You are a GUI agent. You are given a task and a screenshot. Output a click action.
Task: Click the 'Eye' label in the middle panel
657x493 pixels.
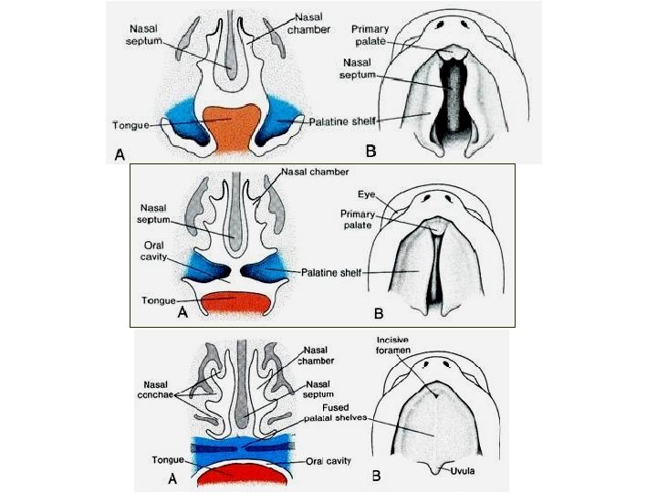365,194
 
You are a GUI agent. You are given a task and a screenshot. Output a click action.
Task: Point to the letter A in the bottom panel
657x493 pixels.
170,477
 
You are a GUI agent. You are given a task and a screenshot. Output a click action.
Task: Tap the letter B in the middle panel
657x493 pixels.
378,314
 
